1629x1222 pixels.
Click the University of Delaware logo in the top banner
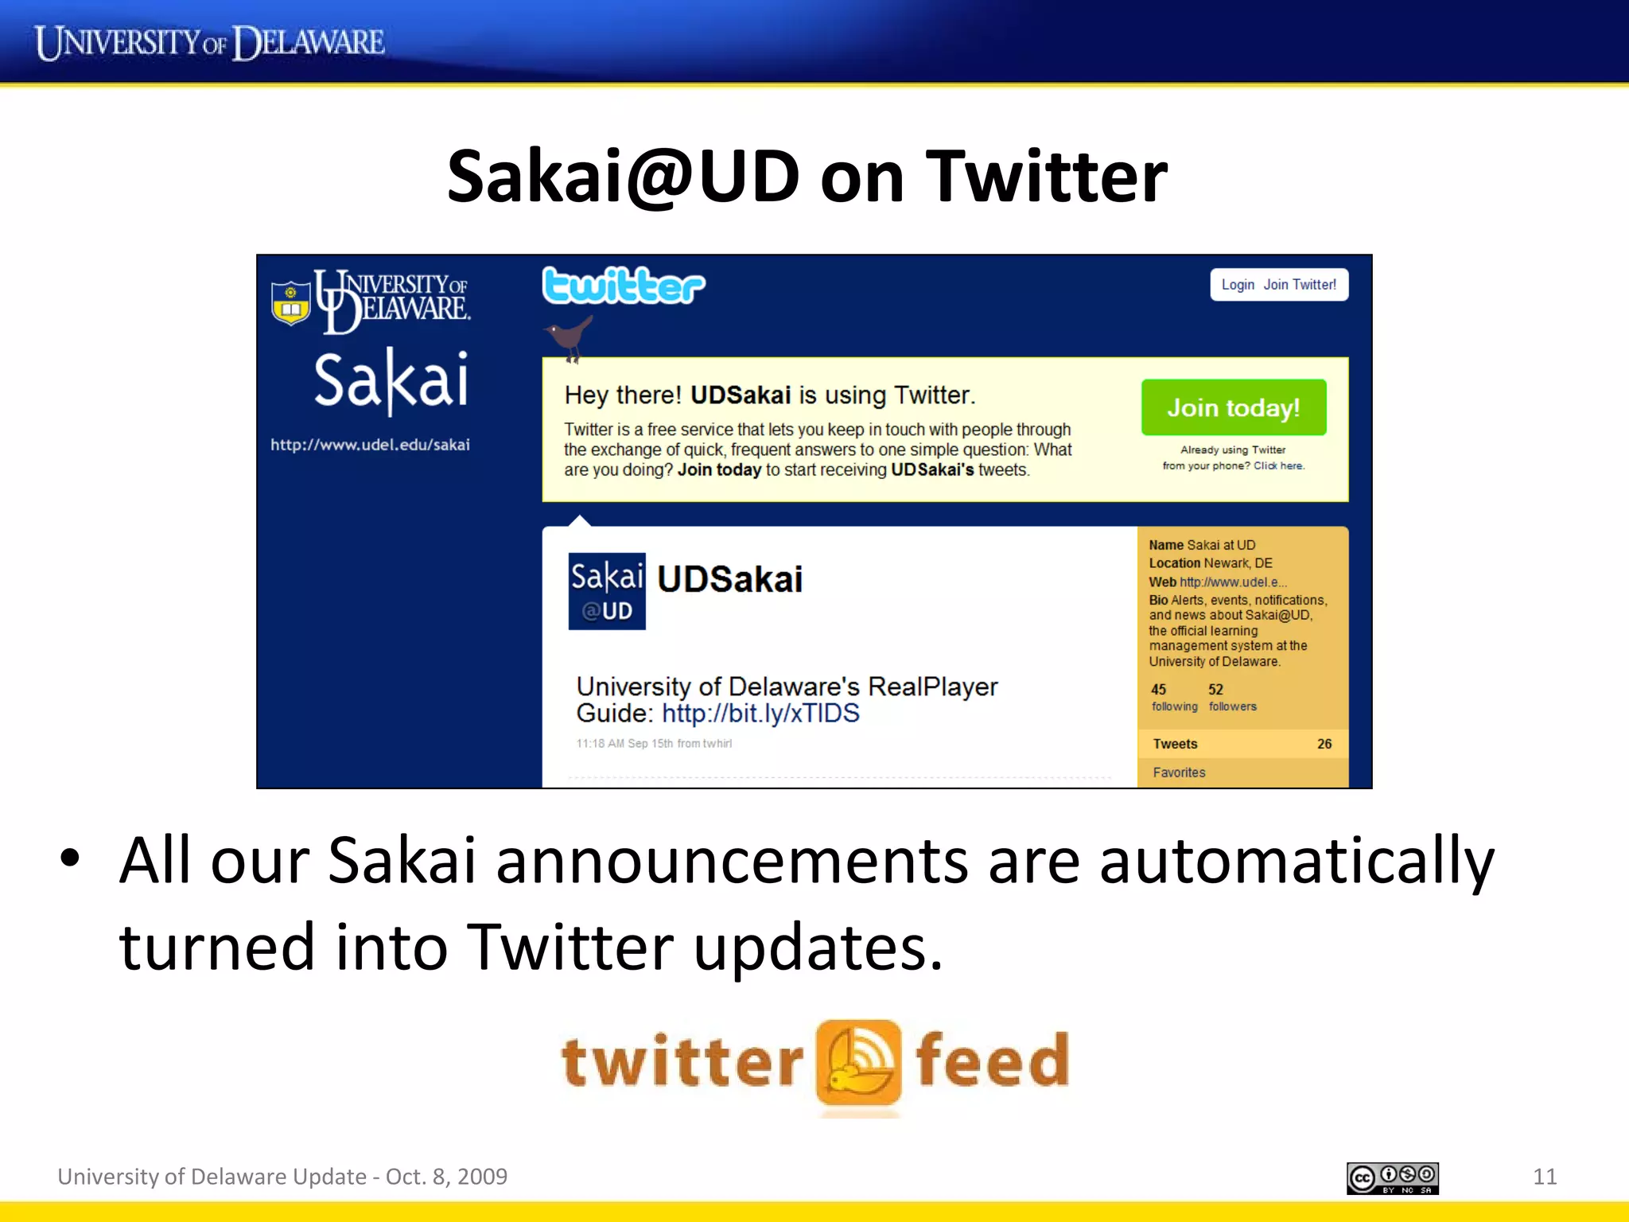click(x=209, y=43)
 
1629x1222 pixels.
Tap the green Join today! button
click(x=1233, y=407)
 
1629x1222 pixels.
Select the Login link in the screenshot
click(x=1238, y=285)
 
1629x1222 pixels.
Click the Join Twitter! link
click(x=1300, y=285)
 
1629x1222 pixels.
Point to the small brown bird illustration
click(x=570, y=336)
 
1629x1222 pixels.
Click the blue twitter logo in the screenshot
click(x=624, y=286)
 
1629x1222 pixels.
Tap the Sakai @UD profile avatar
click(x=607, y=591)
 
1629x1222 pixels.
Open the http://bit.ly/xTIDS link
click(x=760, y=713)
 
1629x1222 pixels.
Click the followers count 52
click(x=1215, y=690)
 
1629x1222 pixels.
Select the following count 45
click(x=1158, y=690)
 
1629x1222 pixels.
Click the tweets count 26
click(x=1324, y=744)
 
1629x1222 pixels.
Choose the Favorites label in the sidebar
click(x=1179, y=773)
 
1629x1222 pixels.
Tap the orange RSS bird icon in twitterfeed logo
click(x=858, y=1063)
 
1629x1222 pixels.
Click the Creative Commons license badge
click(x=1392, y=1178)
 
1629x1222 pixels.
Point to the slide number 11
click(x=1544, y=1177)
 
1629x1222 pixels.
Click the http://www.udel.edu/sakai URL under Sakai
click(x=370, y=445)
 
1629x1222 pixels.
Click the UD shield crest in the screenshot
click(x=291, y=302)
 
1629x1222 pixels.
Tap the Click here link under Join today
click(x=1279, y=466)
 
